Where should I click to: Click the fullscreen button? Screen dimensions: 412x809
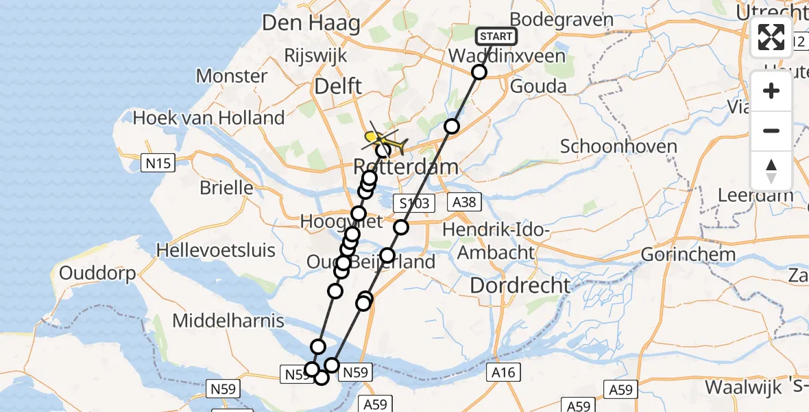pyautogui.click(x=771, y=37)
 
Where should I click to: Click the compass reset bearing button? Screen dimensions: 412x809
pyautogui.click(x=771, y=171)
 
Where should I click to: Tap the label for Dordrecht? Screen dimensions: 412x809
pyautogui.click(x=520, y=286)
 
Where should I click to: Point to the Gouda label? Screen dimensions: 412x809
pyautogui.click(x=538, y=87)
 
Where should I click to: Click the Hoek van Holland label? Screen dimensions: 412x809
pyautogui.click(x=208, y=118)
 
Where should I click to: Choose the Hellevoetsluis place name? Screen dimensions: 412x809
pyautogui.click(x=216, y=249)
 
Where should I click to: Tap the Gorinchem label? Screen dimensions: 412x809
pyautogui.click(x=688, y=254)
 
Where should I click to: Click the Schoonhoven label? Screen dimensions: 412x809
pyautogui.click(x=618, y=146)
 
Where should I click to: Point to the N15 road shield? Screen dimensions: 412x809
pyautogui.click(x=158, y=163)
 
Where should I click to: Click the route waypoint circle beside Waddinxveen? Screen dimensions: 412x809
pyautogui.click(x=479, y=72)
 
